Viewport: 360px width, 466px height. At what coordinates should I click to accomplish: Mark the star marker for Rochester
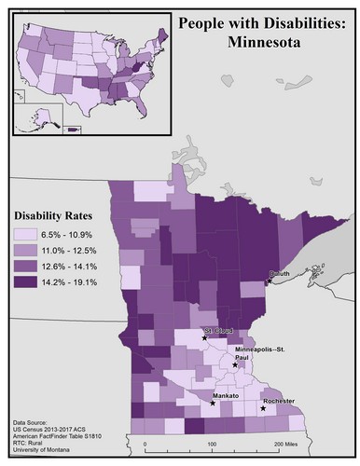(x=263, y=408)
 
